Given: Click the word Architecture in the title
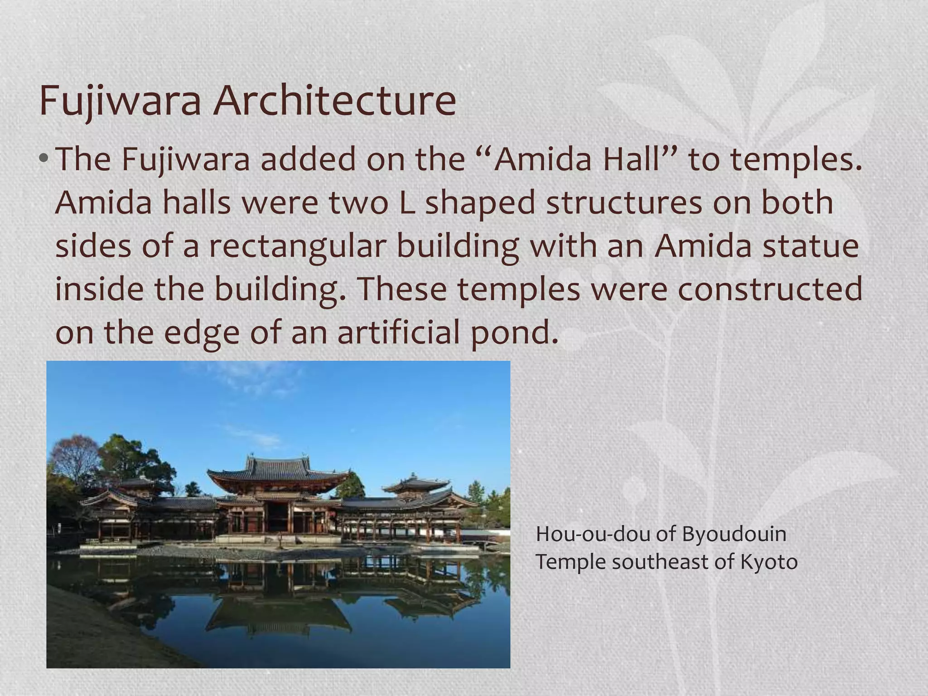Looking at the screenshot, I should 334,101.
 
